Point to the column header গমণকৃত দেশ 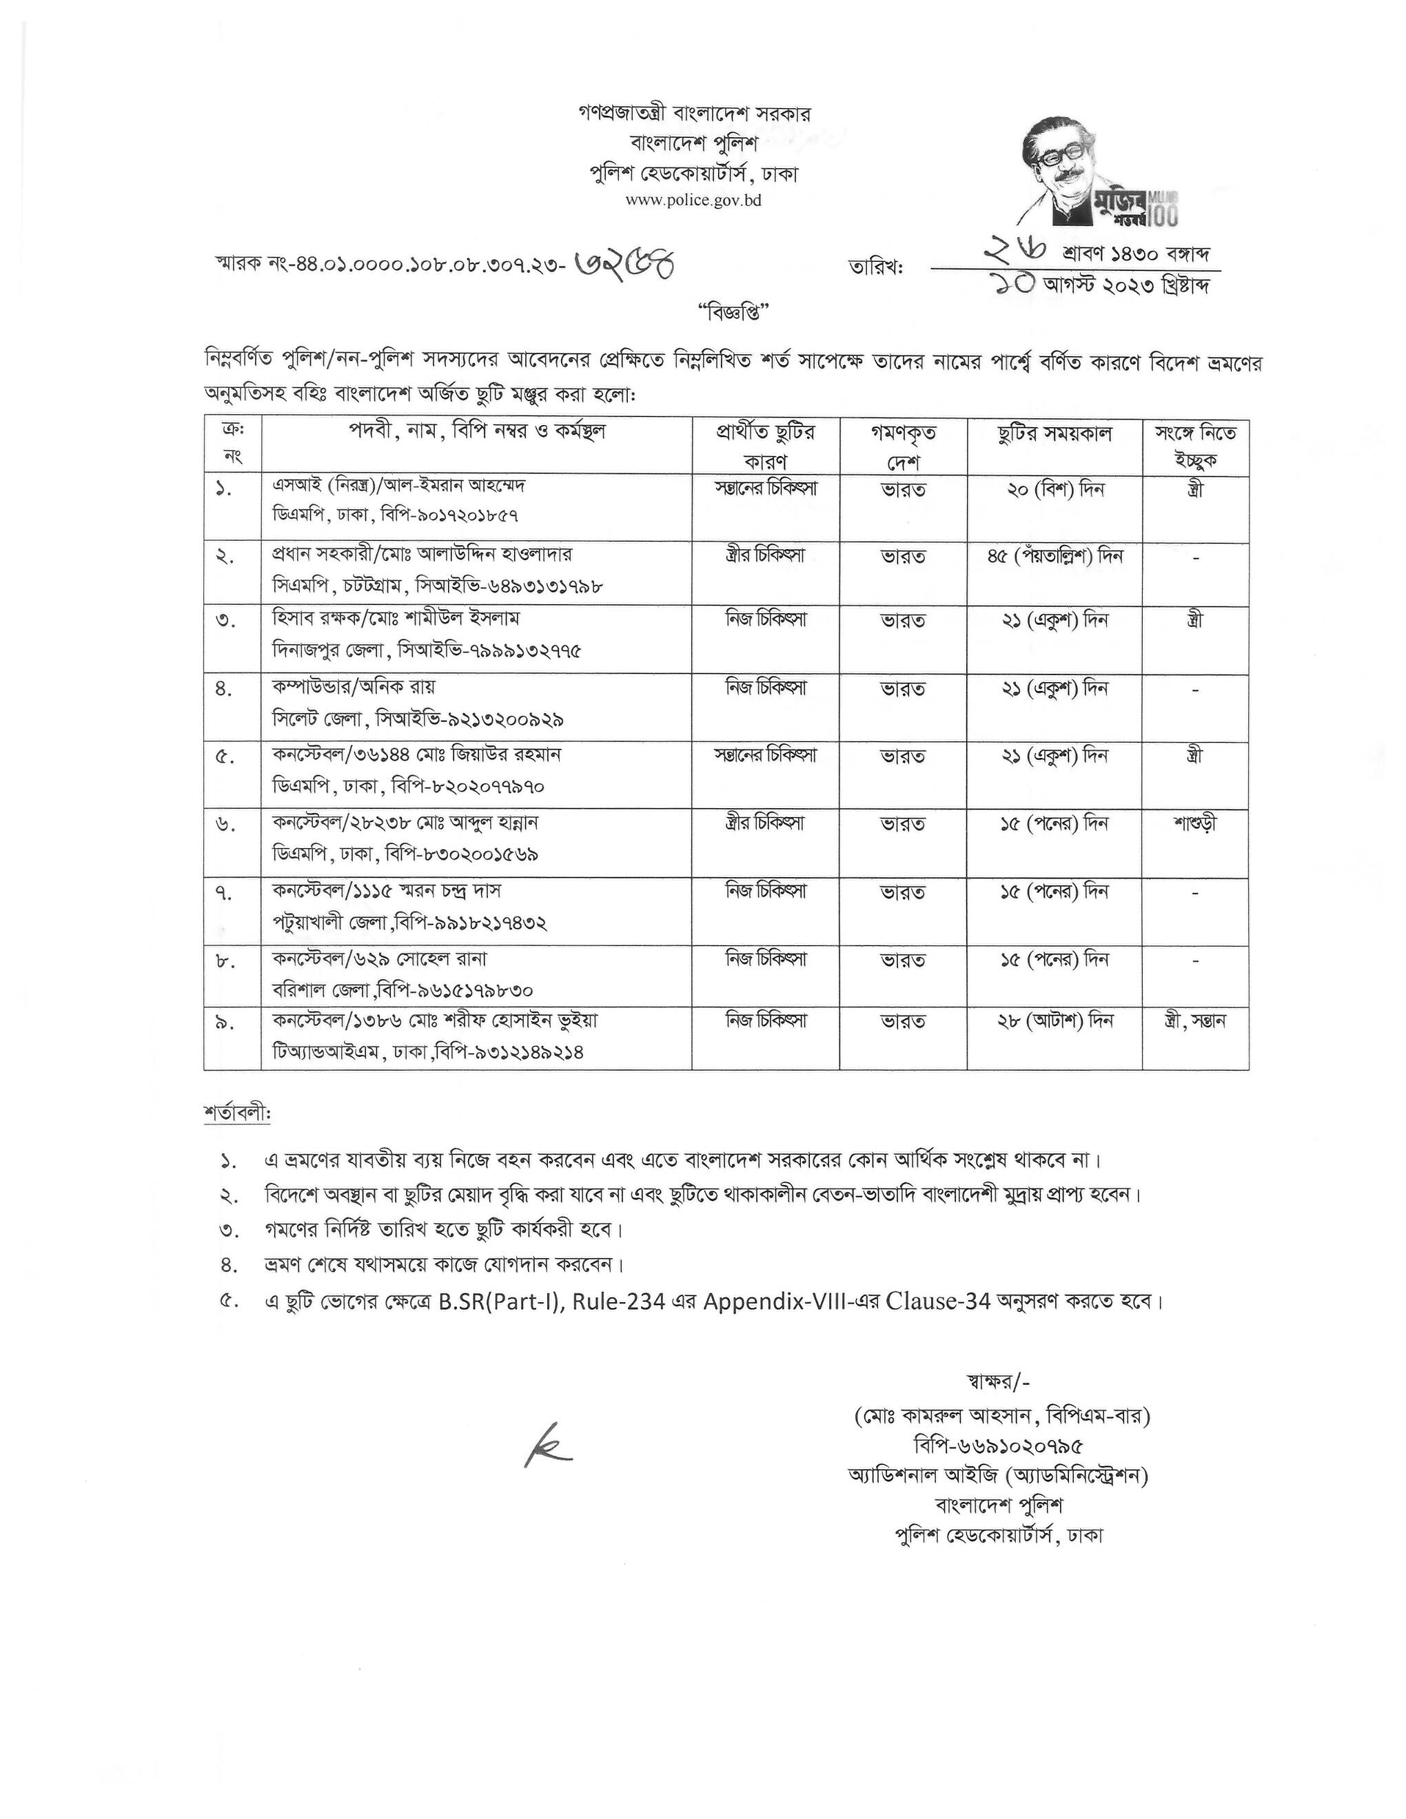pyautogui.click(x=903, y=446)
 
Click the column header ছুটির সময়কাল pyautogui.click(x=1054, y=434)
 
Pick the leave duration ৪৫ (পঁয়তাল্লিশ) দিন pyautogui.click(x=1054, y=555)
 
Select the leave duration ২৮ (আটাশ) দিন pyautogui.click(x=1054, y=1020)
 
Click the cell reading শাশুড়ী pyautogui.click(x=1195, y=823)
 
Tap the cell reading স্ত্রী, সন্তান pyautogui.click(x=1195, y=1020)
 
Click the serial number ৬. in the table pyautogui.click(x=227, y=825)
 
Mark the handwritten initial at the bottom pyautogui.click(x=547, y=1448)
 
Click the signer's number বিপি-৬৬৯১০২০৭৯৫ pyautogui.click(x=999, y=1444)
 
